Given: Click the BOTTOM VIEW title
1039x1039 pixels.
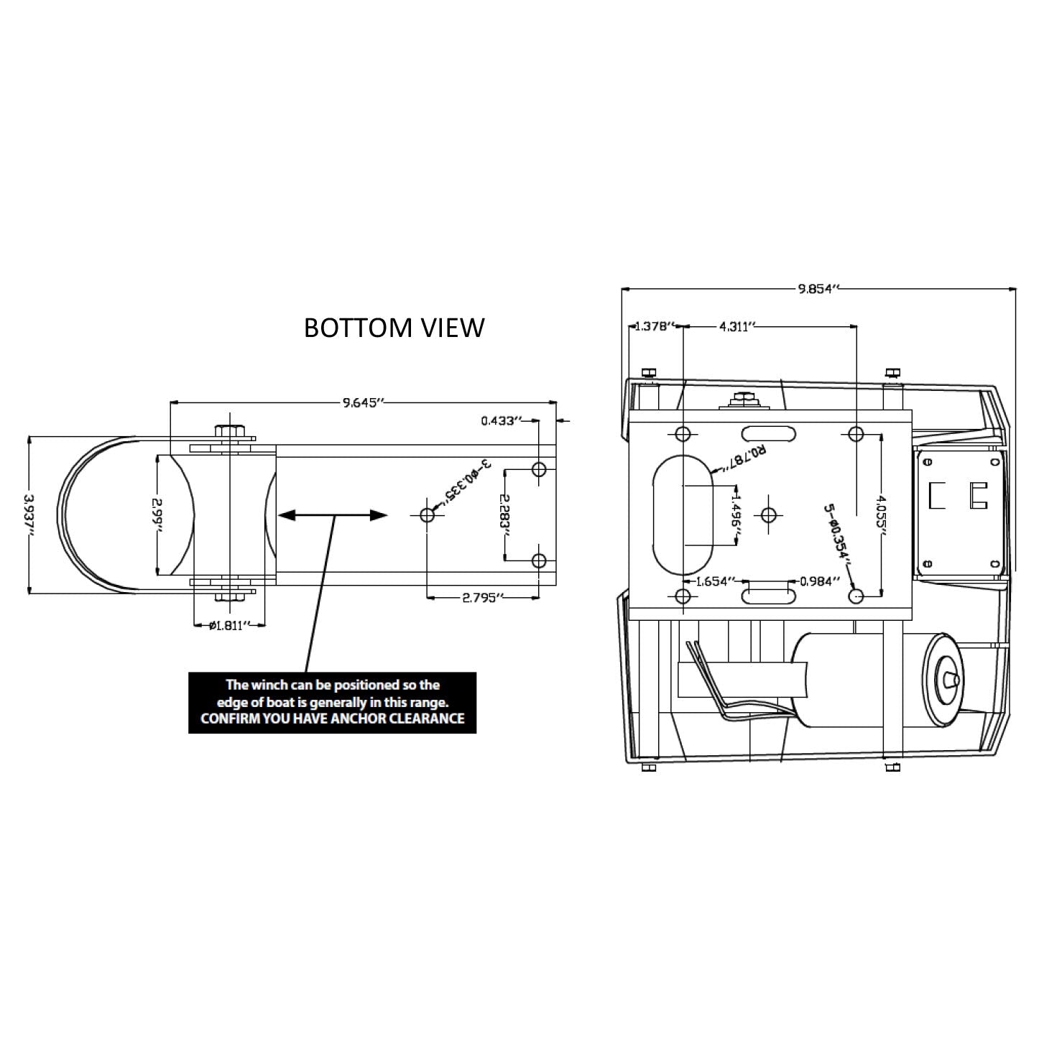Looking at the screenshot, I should (394, 328).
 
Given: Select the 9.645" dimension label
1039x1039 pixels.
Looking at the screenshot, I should (364, 402).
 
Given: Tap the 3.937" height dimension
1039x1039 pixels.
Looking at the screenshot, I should (29, 514).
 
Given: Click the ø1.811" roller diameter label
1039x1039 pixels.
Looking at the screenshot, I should (229, 625).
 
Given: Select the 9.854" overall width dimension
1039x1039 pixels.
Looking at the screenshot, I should (818, 289).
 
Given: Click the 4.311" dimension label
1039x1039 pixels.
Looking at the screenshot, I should (737, 327).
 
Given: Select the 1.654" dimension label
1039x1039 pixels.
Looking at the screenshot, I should (713, 581).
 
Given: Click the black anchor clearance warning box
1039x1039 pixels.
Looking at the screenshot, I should (332, 703).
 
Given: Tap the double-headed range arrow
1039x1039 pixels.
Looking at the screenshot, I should (333, 515).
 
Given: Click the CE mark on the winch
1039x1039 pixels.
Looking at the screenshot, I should (959, 495).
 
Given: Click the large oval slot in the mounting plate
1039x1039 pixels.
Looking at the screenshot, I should (683, 514).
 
